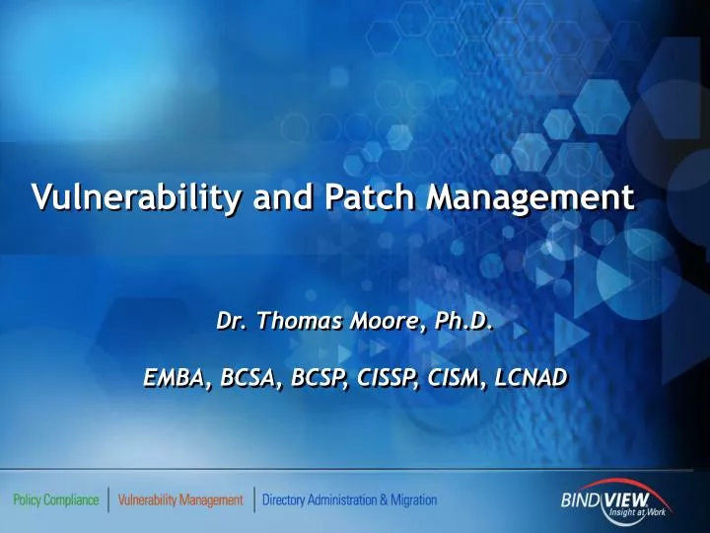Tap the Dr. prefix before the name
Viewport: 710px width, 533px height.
tap(234, 321)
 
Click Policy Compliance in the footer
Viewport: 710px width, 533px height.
tap(55, 499)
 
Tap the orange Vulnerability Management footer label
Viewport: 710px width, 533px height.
tap(179, 499)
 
